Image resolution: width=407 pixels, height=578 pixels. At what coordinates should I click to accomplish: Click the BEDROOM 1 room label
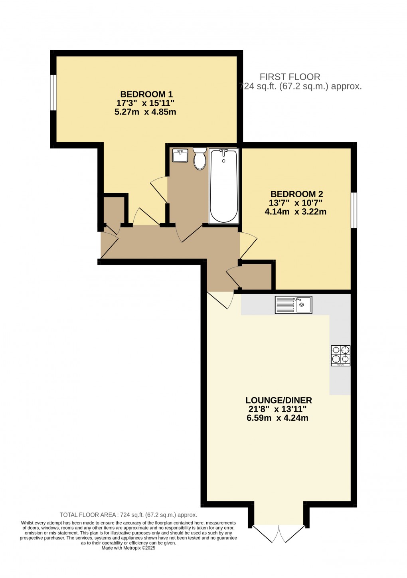pos(146,95)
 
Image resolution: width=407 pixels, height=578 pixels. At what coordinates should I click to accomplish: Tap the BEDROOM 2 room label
pos(296,194)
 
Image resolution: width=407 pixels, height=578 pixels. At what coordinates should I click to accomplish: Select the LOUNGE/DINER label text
pos(279,400)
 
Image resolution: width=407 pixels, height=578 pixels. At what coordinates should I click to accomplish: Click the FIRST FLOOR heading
pos(290,77)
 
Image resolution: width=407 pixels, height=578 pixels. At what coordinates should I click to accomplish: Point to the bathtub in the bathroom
pos(224,186)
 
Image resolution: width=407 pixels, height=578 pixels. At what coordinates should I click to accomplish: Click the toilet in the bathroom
pos(200,158)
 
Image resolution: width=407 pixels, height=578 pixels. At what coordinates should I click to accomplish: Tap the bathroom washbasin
pos(180,155)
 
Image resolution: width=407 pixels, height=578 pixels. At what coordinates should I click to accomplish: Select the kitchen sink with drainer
pos(293,305)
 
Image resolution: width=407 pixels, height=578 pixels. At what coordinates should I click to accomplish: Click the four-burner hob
pos(340,356)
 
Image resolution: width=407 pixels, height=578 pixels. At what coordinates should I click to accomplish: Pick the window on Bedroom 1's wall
pos(53,92)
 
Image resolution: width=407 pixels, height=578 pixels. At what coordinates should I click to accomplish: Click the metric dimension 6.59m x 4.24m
pos(277,418)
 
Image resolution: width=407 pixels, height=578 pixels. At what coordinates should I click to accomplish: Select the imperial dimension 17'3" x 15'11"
pos(145,103)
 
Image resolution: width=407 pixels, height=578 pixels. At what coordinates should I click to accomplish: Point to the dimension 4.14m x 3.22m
pos(295,212)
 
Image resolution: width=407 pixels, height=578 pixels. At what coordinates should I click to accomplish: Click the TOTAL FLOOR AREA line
pos(128,515)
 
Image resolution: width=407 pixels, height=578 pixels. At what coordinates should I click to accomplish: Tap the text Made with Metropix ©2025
pos(128,548)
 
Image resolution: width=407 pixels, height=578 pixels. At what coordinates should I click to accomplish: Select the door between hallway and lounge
pos(221,299)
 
